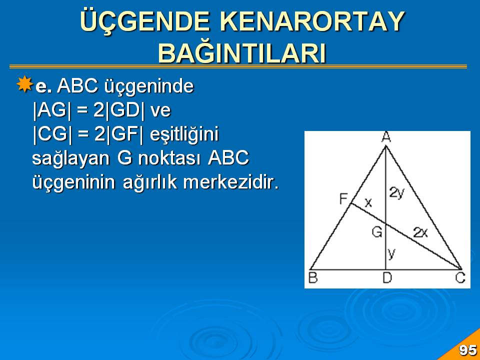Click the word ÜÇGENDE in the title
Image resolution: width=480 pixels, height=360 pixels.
(145, 21)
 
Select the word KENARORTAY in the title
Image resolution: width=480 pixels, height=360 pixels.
(312, 21)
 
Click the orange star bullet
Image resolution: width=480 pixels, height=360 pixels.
(24, 84)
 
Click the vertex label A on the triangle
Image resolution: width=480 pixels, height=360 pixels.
(386, 137)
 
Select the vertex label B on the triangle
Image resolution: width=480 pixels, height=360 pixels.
(313, 278)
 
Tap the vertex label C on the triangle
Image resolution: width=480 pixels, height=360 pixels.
(460, 278)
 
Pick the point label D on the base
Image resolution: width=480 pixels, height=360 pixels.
(387, 278)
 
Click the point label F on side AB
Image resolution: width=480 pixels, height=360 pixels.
(343, 199)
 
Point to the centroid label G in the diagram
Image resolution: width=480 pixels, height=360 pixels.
(377, 231)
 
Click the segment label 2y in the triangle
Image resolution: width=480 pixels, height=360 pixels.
(397, 193)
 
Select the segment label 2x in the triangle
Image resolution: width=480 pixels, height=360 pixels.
(420, 232)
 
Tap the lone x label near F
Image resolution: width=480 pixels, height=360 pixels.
(368, 202)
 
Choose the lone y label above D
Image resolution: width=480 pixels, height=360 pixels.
(391, 254)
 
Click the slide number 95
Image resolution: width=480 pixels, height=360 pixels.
(468, 350)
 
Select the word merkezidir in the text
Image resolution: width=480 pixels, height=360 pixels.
(231, 182)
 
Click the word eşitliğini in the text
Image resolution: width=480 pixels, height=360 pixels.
(184, 135)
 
